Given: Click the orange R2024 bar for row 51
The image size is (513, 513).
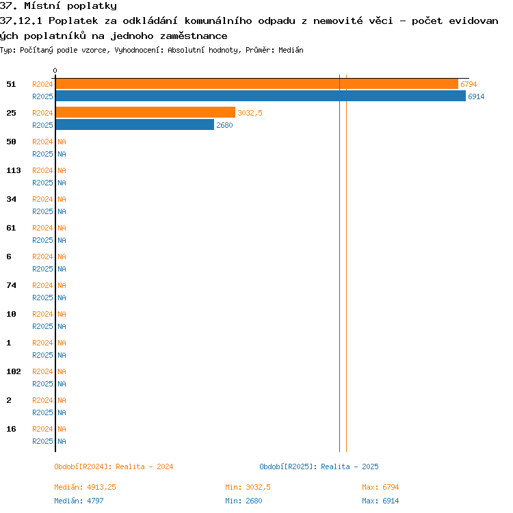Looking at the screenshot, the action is (x=256, y=84).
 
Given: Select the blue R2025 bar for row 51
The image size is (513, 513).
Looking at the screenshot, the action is (x=261, y=96).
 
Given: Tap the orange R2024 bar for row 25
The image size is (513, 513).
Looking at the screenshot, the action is (x=146, y=112).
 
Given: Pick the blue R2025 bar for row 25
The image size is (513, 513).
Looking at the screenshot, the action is (x=135, y=124).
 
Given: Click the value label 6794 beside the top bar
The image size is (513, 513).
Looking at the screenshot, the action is (x=469, y=84).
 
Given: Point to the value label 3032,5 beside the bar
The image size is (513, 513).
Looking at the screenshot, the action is (x=250, y=113).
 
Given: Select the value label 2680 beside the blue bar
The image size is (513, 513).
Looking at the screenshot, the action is (x=224, y=125).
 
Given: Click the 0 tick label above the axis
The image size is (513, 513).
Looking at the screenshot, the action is (x=55, y=70).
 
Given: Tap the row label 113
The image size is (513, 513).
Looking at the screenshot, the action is (x=14, y=170).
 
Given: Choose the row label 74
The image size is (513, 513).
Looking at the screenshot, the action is (x=11, y=285).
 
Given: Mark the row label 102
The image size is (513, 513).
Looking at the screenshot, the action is (x=14, y=371).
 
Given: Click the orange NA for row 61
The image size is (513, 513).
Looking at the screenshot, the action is (x=62, y=228).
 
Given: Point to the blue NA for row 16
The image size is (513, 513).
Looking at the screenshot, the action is (x=62, y=441).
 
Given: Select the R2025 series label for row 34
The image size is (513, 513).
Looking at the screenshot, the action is (x=42, y=211).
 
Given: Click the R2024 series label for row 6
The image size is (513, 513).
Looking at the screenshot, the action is (x=42, y=256).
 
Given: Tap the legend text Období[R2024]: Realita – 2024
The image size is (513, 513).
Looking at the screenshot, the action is (x=114, y=467).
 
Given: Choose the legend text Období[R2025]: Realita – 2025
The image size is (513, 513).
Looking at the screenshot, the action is (x=319, y=467).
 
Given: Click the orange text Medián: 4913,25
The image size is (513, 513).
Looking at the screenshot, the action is (x=85, y=487).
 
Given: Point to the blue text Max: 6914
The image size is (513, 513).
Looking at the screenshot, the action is (x=380, y=501).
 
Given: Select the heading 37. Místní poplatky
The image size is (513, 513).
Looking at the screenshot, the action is (x=58, y=6).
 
